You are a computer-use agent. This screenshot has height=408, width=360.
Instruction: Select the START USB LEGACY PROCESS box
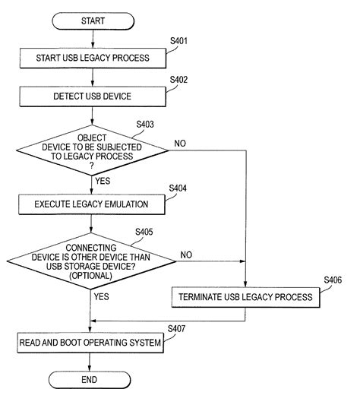point(92,56)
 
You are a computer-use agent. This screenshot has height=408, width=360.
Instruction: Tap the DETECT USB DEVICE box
point(92,96)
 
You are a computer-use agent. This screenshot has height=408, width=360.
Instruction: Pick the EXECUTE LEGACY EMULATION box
point(92,203)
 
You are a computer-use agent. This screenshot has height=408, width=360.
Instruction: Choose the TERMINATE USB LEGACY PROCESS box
point(245,296)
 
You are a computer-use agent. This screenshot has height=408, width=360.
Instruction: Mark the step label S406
point(332,280)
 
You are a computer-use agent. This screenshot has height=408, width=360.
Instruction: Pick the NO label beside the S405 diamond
point(187,255)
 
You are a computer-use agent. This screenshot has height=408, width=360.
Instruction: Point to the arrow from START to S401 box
point(92,38)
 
